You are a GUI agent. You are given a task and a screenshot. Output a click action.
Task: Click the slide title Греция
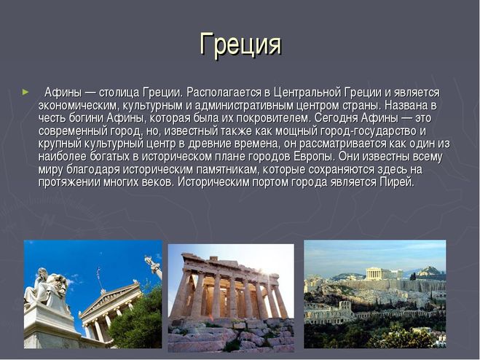click(240, 45)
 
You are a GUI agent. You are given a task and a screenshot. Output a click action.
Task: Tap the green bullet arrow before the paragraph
click(25, 93)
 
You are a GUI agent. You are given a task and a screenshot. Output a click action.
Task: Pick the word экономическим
click(79, 106)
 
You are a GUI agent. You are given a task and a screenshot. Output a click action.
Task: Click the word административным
click(244, 106)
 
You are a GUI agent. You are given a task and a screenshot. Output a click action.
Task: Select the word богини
click(87, 118)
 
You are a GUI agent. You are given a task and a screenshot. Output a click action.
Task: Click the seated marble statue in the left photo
click(46, 288)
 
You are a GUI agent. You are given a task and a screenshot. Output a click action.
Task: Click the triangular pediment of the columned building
click(110, 298)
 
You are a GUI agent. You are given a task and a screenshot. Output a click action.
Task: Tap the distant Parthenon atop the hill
click(377, 273)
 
